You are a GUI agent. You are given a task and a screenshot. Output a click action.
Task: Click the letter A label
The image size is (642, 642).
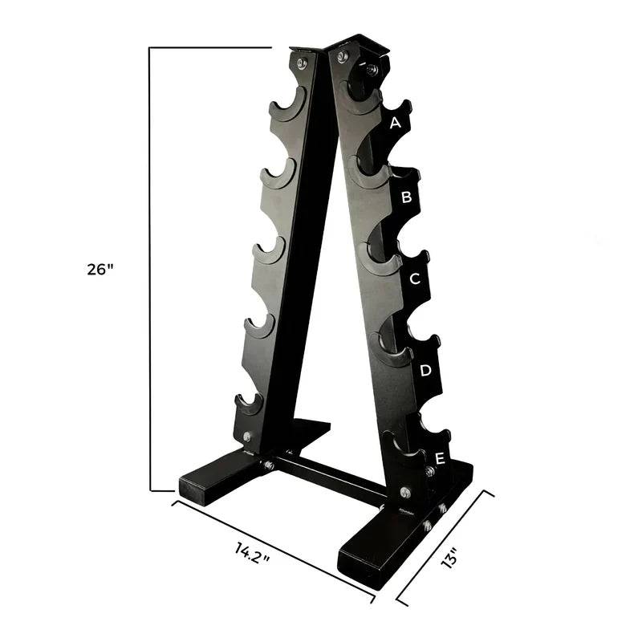pyautogui.click(x=395, y=123)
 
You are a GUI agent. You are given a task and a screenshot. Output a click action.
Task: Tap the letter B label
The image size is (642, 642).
pyautogui.click(x=406, y=197)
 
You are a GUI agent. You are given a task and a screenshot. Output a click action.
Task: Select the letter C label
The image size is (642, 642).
pyautogui.click(x=415, y=279)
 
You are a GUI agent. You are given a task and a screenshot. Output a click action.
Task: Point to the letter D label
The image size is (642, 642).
pyautogui.click(x=426, y=371)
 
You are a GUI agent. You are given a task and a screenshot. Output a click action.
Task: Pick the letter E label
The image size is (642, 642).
pyautogui.click(x=440, y=459)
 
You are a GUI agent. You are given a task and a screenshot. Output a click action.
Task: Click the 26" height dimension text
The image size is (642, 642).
pyautogui.click(x=101, y=270)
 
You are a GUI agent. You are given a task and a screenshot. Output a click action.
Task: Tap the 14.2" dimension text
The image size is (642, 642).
pyautogui.click(x=252, y=553)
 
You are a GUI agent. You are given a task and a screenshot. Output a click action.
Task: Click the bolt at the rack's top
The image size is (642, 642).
pyautogui.click(x=343, y=57)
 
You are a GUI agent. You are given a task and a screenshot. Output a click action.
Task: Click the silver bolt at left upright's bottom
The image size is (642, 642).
pyautogui.click(x=246, y=437)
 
